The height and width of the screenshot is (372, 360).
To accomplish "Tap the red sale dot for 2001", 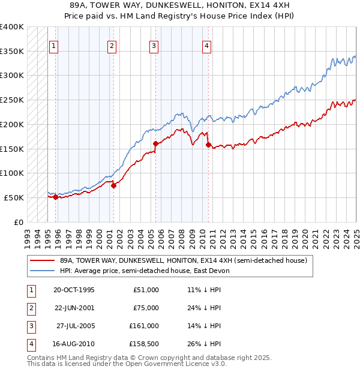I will [113, 185].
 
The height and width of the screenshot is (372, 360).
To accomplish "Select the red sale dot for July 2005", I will [155, 143].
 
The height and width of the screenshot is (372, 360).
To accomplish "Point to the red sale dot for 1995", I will [55, 197].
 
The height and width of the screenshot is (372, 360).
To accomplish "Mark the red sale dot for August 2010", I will [208, 145].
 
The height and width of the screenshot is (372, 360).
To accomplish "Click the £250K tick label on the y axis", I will [12, 100].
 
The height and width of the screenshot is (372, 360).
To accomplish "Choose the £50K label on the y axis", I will [14, 197].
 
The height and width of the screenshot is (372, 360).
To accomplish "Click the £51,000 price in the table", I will [146, 290].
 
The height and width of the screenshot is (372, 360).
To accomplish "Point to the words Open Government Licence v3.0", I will [179, 364].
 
